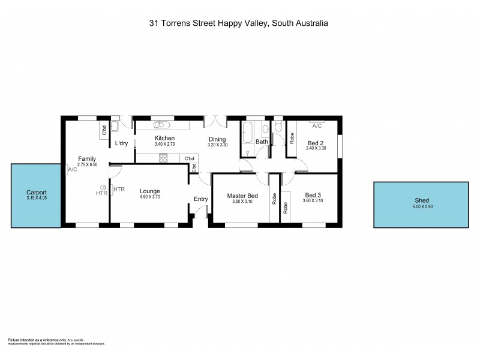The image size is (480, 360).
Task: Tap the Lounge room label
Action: click(149, 191)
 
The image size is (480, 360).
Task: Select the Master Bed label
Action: click(242, 196)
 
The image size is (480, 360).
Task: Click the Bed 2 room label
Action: click(316, 142)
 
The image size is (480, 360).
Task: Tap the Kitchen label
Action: click(164, 138)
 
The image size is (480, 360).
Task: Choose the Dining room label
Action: click(217, 139)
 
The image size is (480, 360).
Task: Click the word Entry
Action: click(200, 200)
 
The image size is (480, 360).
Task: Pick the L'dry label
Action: click(122, 143)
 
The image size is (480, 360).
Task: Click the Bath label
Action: click(262, 142)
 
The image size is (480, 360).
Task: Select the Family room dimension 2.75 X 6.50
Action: click(88, 164)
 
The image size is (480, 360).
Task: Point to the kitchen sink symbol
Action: click(161, 125)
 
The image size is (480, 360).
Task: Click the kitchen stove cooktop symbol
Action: click(163, 158)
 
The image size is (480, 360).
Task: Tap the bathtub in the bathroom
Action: click(248, 133)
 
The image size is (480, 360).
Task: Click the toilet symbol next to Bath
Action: click(277, 127)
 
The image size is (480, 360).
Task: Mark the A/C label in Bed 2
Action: click(317, 126)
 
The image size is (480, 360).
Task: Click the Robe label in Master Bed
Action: click(274, 199)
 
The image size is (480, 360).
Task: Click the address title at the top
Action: click(239, 24)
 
